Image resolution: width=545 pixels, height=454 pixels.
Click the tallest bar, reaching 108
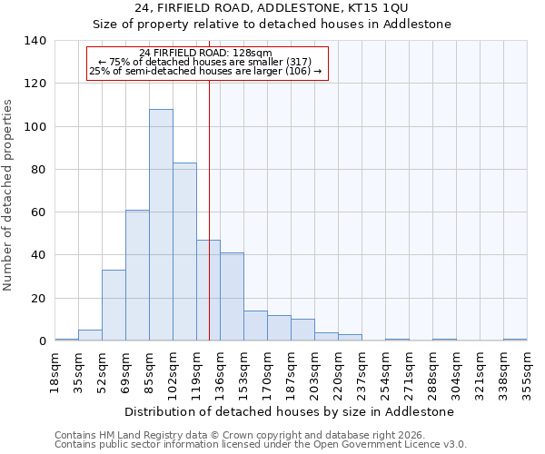point(161,225)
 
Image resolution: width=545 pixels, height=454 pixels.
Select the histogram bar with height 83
point(184,252)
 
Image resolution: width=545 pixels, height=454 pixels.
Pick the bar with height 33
point(114,305)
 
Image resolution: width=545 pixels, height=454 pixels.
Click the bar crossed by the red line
point(208,291)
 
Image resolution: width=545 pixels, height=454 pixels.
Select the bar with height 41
point(232,297)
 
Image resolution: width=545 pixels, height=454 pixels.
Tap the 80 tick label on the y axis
point(39,170)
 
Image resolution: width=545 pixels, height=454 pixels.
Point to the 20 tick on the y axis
point(39,299)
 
